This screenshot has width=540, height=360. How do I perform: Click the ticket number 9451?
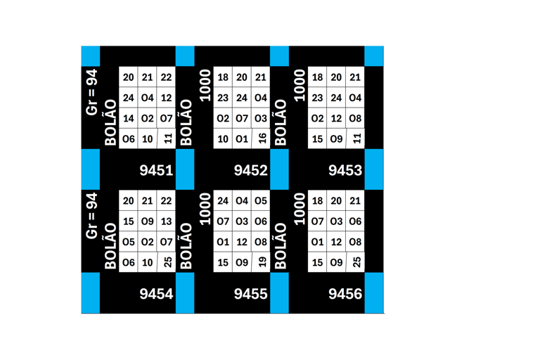(156, 169)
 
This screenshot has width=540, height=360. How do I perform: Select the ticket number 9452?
(250, 169)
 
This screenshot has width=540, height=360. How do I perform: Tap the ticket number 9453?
(345, 169)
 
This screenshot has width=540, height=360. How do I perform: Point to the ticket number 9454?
(156, 294)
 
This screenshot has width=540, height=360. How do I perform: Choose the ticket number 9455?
(250, 294)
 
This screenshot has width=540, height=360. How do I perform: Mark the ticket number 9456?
(345, 294)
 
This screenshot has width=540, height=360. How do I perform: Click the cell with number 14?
(128, 119)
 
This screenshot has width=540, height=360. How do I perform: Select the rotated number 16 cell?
(262, 139)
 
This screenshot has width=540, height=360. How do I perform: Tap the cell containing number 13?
(166, 221)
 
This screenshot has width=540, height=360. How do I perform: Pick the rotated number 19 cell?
(262, 262)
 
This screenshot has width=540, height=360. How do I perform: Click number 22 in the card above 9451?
(166, 77)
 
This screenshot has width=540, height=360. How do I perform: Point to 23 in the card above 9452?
(223, 98)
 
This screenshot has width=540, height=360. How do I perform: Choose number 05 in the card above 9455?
(261, 201)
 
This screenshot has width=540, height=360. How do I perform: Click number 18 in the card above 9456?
(317, 201)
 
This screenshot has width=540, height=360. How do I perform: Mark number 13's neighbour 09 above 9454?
(147, 221)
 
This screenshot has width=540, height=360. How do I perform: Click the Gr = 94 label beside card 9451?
(91, 92)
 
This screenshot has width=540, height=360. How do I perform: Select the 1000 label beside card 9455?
(205, 209)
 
